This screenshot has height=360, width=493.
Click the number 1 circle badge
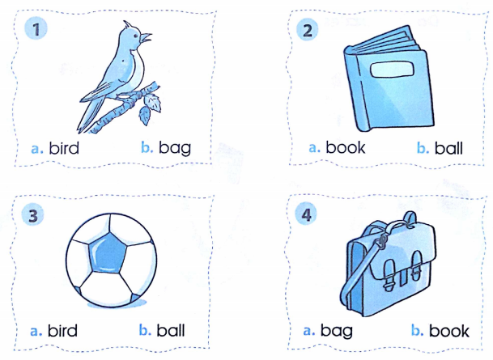point(36,29)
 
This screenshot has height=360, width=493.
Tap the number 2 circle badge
point(308,30)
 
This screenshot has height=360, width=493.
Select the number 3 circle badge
point(33,215)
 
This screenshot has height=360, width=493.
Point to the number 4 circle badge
point(306,214)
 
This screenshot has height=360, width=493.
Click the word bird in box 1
point(64,148)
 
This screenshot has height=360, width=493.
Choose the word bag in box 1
point(175,148)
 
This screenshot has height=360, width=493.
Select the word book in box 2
point(345,147)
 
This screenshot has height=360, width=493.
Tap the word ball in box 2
point(448,148)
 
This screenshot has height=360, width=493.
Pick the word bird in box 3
point(62,330)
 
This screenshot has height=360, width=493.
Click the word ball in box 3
point(171,330)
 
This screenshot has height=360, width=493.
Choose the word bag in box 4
point(337,331)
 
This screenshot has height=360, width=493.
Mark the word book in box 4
point(449,330)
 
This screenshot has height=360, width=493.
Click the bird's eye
point(136,36)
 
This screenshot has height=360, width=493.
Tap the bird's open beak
point(146,38)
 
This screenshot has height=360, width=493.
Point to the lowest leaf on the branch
point(145,116)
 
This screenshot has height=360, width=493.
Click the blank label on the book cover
point(392,69)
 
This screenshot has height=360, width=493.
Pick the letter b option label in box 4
point(417,330)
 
